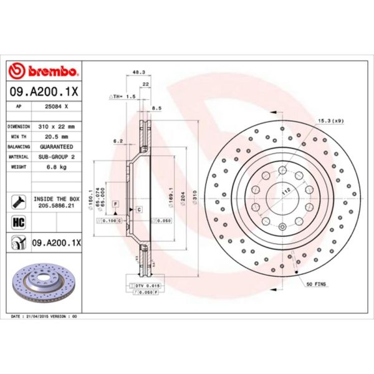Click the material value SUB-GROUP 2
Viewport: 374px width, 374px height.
pos(57,158)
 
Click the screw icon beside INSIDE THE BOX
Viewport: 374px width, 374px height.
pos(17,201)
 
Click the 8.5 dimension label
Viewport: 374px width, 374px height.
pos(156,108)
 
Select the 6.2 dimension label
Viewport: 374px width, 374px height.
pos(117,141)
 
